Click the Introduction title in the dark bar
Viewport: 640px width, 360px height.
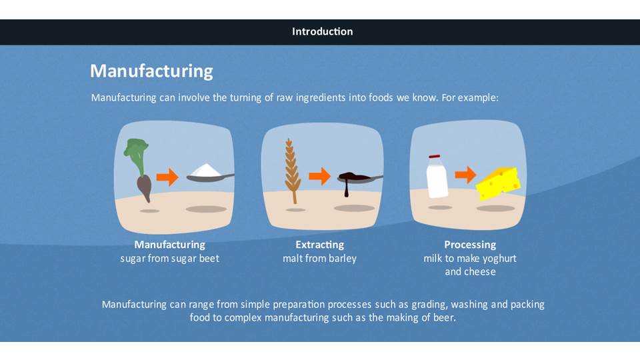(323, 31)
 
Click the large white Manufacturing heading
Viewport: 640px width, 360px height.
(151, 71)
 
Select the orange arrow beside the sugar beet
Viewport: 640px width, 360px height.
(167, 177)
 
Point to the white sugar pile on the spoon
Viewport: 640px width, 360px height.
(206, 170)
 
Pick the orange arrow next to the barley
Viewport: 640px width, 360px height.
(319, 176)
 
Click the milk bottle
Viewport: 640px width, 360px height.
(437, 176)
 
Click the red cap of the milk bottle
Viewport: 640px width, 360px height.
(434, 157)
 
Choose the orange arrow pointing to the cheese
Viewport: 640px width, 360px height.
(466, 175)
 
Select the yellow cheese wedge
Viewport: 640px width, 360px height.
(499, 183)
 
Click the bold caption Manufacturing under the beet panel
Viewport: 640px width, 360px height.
(170, 245)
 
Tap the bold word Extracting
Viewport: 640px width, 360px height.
(319, 245)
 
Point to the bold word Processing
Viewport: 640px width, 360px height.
(470, 245)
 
